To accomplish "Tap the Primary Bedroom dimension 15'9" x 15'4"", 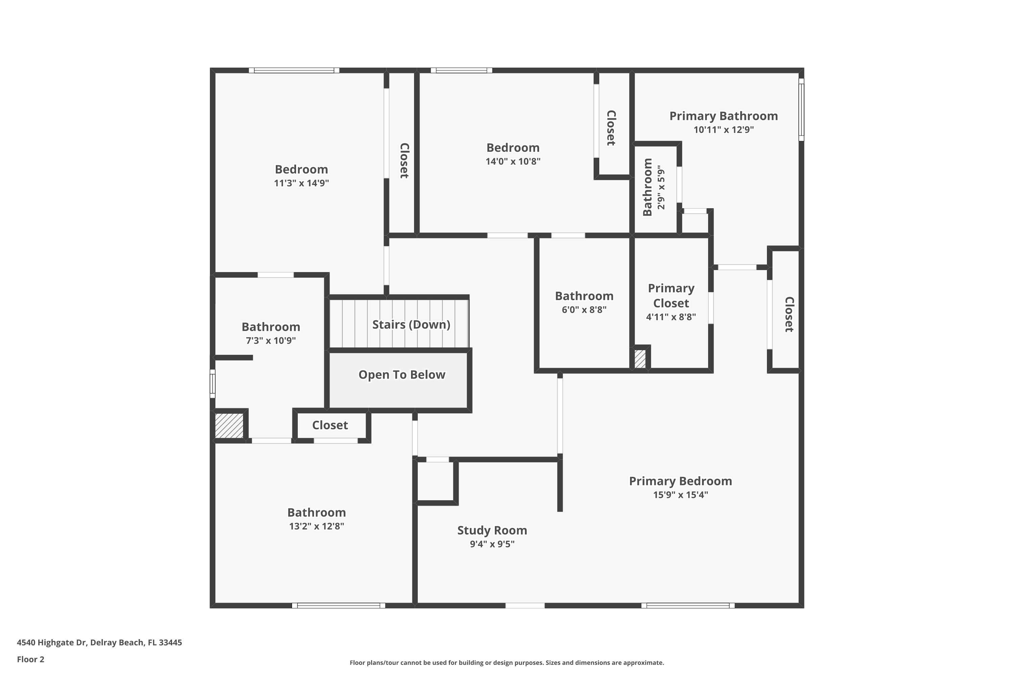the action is [x=680, y=494].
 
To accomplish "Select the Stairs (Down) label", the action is [x=411, y=324].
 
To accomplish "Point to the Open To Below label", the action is [x=402, y=375].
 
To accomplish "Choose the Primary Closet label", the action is [x=671, y=296].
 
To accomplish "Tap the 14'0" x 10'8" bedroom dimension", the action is [x=513, y=161].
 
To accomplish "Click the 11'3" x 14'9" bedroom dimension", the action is [x=301, y=183].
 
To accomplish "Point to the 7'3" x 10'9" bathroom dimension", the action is [x=271, y=341].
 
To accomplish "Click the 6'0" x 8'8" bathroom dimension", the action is [x=584, y=310].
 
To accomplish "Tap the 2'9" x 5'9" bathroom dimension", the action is [x=661, y=188].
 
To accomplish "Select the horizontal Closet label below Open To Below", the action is [x=330, y=425].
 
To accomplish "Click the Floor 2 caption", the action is [x=31, y=659].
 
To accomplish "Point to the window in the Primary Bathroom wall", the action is [x=801, y=110].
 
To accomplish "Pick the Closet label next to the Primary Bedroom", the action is [x=789, y=314].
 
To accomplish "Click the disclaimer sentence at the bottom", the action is [x=507, y=662].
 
